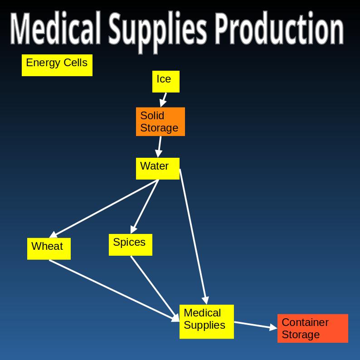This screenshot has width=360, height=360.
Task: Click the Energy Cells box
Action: (57, 65)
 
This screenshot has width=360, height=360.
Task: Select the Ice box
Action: (165, 81)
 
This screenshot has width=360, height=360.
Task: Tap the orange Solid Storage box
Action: (160, 122)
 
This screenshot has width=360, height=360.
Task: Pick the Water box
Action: (158, 168)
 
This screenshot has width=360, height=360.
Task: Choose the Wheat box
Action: (49, 248)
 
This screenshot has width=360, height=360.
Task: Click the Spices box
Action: (130, 244)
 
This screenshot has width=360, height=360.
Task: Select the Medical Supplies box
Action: (206, 321)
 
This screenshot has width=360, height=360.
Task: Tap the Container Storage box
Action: (312, 328)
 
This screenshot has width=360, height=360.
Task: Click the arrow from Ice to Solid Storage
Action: (164, 99)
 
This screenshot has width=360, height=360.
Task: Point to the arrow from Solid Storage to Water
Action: (159, 146)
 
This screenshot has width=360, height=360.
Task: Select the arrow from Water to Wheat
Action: (104, 208)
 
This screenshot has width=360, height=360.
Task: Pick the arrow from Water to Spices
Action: (145, 206)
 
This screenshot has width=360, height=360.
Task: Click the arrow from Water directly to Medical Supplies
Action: (193, 236)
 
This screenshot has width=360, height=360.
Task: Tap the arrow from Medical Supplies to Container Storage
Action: (255, 325)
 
